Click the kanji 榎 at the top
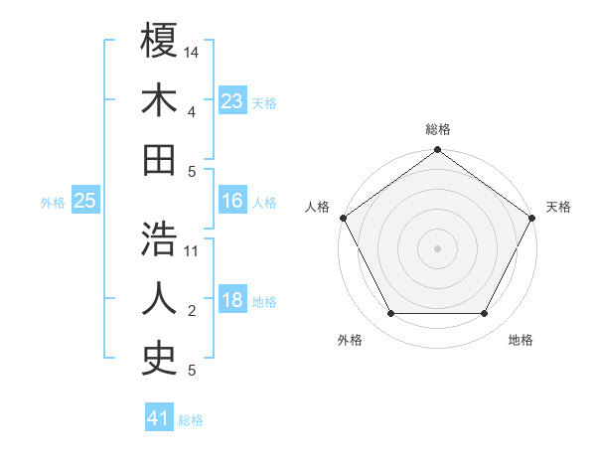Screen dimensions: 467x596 click(159, 41)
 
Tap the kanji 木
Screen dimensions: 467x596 click(159, 100)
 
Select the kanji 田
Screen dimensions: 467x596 click(159, 159)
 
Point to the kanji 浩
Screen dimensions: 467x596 click(159, 239)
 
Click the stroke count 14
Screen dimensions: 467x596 click(193, 52)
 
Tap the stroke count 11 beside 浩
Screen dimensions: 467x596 click(193, 250)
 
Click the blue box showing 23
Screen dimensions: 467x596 click(232, 101)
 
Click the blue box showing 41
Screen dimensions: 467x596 click(159, 418)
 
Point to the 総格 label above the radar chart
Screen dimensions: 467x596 click(437, 129)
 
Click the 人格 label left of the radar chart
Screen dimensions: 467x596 click(319, 207)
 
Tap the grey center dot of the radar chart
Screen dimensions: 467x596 click(437, 247)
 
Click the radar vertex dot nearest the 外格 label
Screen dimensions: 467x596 click(390, 314)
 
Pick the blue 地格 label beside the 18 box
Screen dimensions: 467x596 click(264, 302)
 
